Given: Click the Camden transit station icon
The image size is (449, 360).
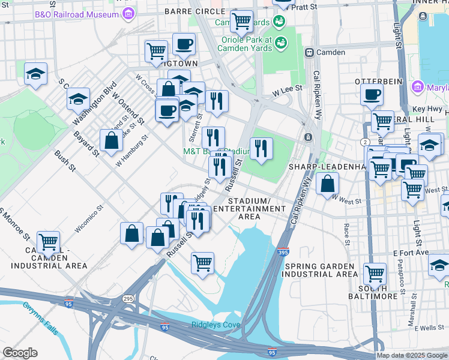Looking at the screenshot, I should tap(310, 52).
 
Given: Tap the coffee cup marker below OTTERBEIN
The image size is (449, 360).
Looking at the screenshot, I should tap(372, 95).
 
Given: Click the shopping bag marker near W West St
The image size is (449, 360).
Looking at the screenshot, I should tap(327, 185).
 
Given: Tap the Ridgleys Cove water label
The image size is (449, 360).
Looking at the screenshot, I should tap(215, 325).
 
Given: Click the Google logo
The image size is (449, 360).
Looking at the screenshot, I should tap(20, 353).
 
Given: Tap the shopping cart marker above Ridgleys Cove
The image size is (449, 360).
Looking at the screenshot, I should tap(203, 262).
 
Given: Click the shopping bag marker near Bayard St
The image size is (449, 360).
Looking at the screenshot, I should tap(112, 141).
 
